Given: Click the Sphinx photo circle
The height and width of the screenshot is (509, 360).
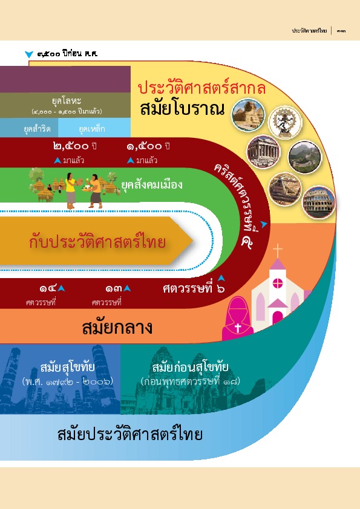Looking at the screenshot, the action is click(248, 115).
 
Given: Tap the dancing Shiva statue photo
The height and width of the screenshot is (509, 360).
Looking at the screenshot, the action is click(285, 123).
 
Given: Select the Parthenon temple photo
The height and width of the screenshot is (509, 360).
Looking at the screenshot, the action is click(264, 152).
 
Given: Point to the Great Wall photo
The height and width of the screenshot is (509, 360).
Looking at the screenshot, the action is click(304, 157).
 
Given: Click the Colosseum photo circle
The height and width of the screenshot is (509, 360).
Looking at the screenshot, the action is click(318, 202).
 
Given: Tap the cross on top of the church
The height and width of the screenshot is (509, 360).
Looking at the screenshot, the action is click(278, 251).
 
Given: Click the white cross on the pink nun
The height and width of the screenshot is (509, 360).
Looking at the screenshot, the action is click(238, 328).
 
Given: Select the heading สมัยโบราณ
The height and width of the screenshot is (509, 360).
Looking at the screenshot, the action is click(182, 109).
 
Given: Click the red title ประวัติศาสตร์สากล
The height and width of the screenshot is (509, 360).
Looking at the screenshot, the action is click(201, 88).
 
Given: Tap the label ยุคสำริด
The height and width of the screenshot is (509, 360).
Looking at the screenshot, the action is click(37, 129).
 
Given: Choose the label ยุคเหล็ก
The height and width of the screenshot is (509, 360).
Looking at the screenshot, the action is click(92, 129).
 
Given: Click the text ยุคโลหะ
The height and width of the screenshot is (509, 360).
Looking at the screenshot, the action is click(67, 100).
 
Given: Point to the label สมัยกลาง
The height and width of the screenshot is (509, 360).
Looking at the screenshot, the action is click(117, 327).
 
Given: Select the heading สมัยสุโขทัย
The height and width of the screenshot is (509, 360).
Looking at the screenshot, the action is click(68, 367).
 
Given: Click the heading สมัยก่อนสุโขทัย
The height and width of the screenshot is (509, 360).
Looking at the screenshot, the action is click(190, 367).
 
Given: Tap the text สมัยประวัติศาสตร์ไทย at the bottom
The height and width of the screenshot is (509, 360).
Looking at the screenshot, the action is click(130, 434).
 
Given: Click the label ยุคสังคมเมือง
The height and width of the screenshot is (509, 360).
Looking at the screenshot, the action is click(152, 185).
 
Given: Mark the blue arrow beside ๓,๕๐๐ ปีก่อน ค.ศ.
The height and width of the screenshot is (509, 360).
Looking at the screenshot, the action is click(29, 54).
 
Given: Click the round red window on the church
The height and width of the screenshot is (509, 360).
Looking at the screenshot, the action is click(278, 284).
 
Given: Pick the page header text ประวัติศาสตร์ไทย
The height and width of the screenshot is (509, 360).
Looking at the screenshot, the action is click(309, 31).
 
